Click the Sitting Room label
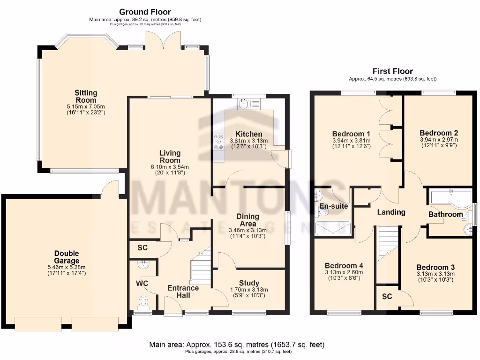coord(86,96)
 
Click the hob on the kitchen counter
coord(219,142)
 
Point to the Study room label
coord(249,283)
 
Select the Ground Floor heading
coord(145,12)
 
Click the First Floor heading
coord(393,71)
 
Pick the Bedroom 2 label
coord(439,133)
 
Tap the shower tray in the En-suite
coord(332,228)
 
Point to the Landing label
coord(391,212)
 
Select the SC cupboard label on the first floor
coord(387,297)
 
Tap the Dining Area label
coord(247,220)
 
